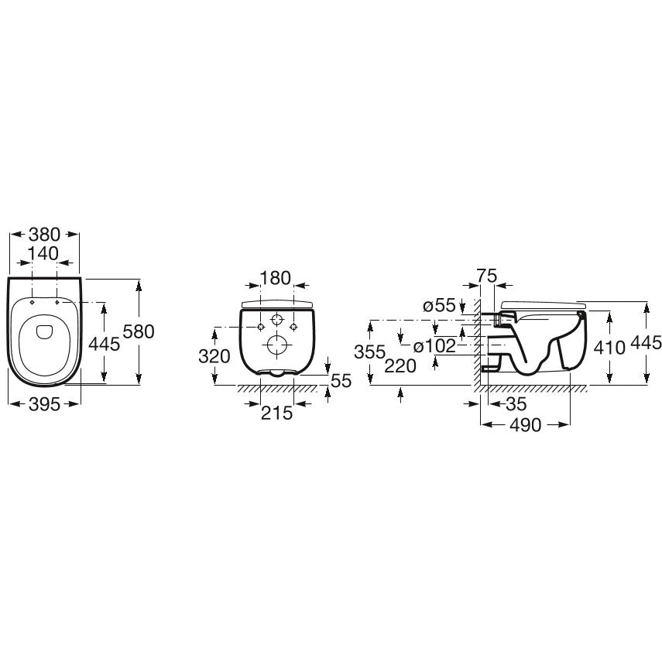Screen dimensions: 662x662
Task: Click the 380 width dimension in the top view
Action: click(x=44, y=234)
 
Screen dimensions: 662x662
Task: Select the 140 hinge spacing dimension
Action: click(x=43, y=253)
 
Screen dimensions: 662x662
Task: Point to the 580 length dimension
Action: click(x=139, y=331)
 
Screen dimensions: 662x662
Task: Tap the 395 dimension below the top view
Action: click(x=44, y=404)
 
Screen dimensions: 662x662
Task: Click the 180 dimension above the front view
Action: click(x=276, y=278)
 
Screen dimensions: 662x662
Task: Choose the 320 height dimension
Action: click(x=214, y=356)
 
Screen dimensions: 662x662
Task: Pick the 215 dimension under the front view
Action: click(x=276, y=413)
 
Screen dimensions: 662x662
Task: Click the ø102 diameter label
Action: click(x=435, y=346)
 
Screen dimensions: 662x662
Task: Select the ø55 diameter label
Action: click(x=440, y=305)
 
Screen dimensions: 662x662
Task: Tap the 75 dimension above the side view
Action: click(x=487, y=276)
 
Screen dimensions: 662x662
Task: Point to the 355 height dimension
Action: click(x=370, y=352)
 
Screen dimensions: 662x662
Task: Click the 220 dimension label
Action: click(x=400, y=365)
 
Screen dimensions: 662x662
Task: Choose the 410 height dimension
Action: click(x=609, y=348)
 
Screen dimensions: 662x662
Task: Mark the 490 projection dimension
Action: click(x=525, y=425)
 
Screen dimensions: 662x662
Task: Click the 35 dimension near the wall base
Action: click(x=516, y=404)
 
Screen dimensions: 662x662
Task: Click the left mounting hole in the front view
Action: click(x=261, y=327)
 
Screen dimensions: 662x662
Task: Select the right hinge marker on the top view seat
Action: click(x=57, y=302)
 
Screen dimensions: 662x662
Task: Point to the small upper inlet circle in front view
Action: click(x=276, y=320)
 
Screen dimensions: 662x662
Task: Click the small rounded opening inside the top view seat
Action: click(x=44, y=331)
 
